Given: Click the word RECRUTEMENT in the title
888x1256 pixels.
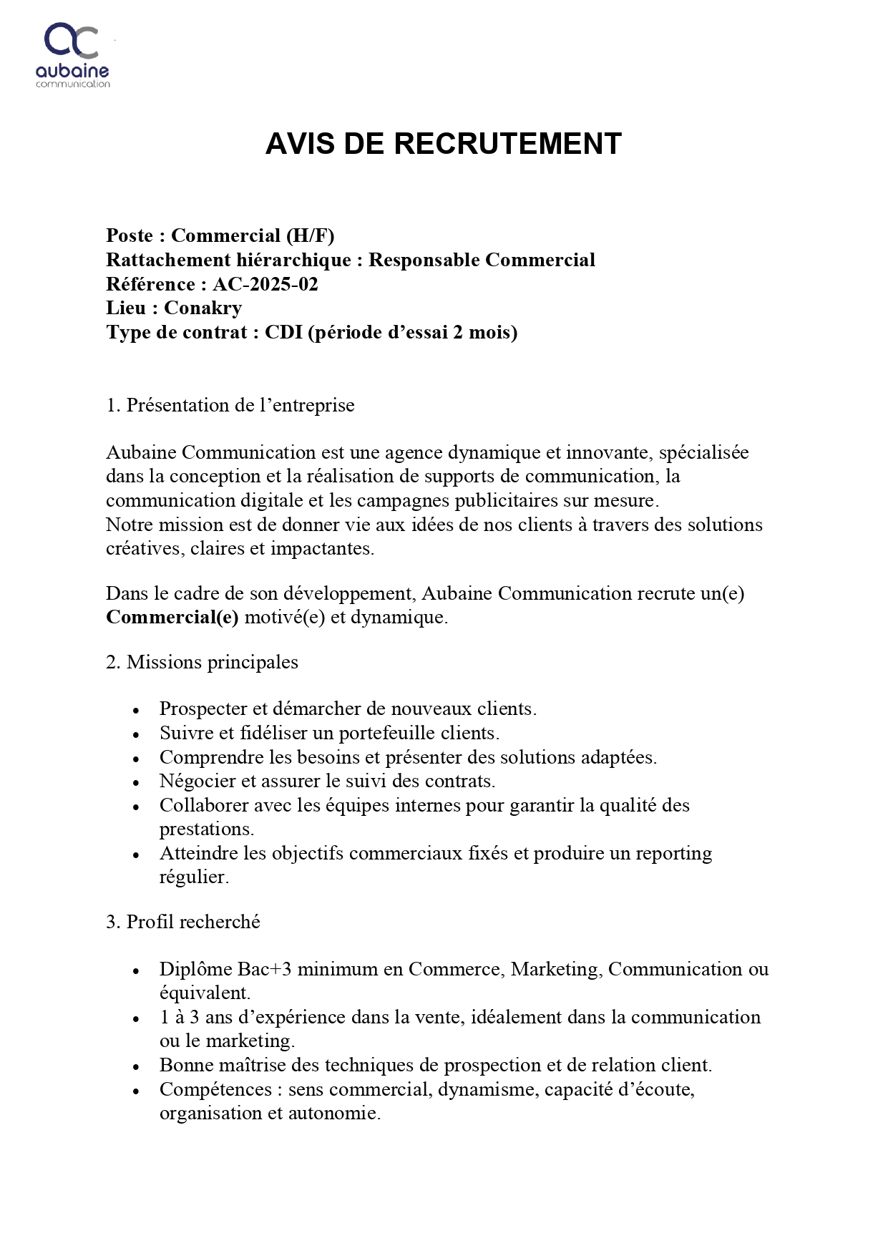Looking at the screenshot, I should (507, 144).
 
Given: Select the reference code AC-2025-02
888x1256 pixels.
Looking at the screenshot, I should (265, 284).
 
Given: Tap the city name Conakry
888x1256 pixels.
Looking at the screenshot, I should (203, 308).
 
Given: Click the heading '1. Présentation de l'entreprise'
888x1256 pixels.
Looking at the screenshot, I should (230, 405).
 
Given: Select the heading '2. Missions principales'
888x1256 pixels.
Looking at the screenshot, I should (202, 662).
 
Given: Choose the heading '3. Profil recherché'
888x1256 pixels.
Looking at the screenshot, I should (182, 922).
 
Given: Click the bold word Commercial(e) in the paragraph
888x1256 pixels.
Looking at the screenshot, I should (172, 617).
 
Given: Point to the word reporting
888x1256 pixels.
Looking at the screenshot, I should (674, 853).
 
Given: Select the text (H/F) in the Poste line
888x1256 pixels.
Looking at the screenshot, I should (311, 235).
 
